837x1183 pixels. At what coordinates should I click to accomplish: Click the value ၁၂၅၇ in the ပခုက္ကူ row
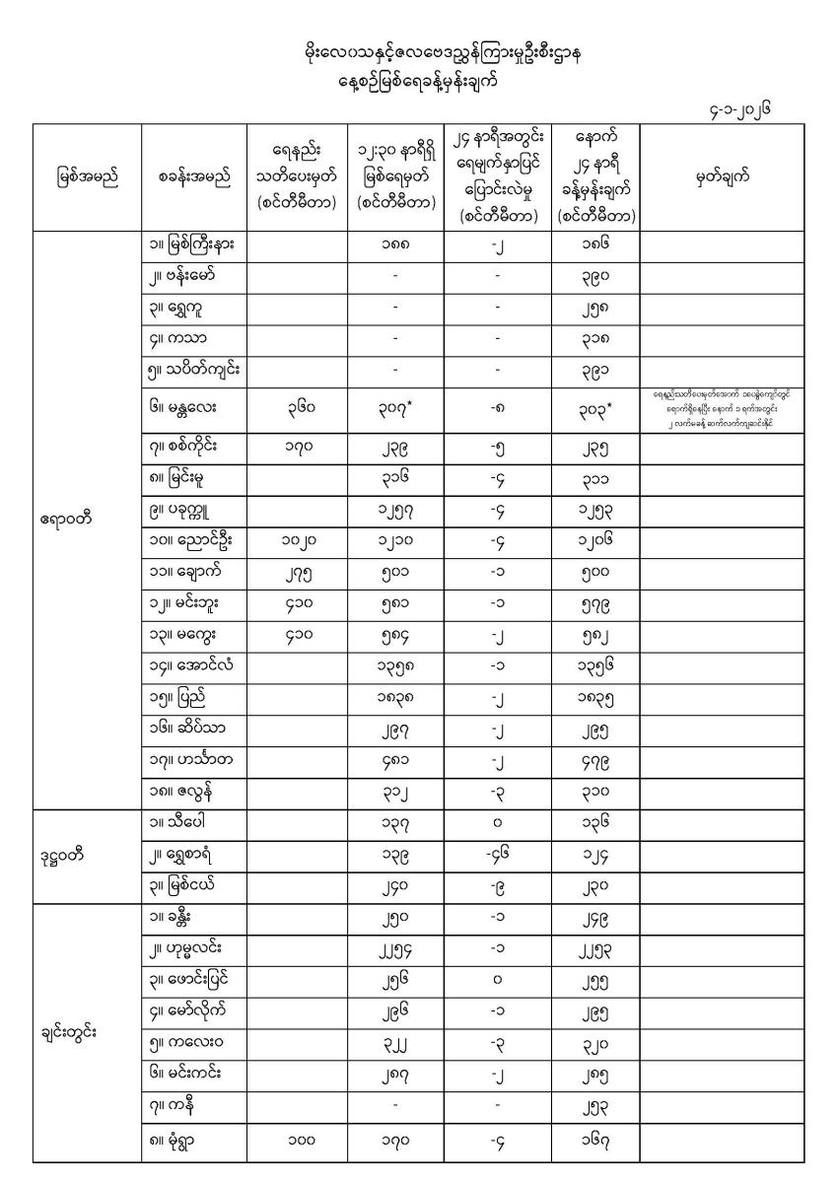pos(394,515)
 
